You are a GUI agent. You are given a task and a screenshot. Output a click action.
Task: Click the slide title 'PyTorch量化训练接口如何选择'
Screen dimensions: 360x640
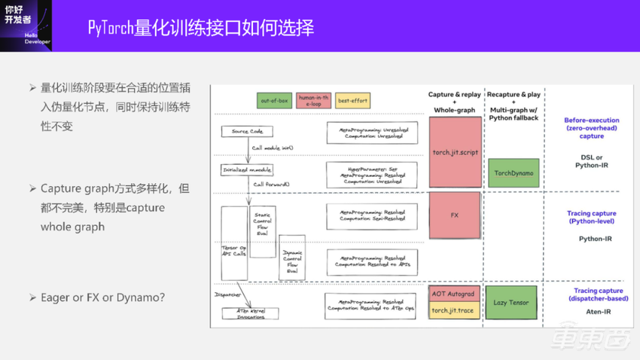(x=200, y=28)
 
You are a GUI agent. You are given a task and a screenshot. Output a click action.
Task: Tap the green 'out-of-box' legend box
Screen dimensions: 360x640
(x=275, y=101)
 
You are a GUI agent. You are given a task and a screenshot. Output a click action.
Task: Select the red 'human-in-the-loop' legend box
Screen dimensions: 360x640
(x=313, y=101)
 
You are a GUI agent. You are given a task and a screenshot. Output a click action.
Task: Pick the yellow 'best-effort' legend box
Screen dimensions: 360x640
(x=352, y=101)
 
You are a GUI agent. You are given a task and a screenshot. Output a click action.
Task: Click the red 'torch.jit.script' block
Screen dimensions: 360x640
(x=455, y=152)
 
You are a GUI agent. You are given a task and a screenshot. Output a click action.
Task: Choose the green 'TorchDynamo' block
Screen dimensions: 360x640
(x=514, y=173)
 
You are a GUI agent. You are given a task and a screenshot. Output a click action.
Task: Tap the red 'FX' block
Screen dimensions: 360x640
(x=455, y=215)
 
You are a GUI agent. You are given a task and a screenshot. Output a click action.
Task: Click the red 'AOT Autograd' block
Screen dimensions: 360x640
(x=455, y=294)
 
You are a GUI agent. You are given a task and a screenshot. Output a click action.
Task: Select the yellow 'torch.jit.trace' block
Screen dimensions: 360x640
(x=455, y=310)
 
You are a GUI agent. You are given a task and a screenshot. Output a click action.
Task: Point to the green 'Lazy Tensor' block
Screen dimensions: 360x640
(x=511, y=302)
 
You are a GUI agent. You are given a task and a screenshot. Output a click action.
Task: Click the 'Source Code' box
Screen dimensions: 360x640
(x=247, y=132)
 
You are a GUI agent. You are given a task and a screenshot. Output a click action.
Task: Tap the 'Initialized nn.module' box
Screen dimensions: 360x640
(x=247, y=170)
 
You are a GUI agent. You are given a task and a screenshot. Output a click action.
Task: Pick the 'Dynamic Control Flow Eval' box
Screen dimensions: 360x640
(x=292, y=258)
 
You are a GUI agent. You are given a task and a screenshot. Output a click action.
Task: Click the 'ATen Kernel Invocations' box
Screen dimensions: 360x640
(x=250, y=313)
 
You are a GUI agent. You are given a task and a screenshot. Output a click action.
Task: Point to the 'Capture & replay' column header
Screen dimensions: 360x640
(x=455, y=102)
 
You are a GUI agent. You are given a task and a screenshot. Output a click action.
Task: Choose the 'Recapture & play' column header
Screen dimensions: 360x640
(x=514, y=105)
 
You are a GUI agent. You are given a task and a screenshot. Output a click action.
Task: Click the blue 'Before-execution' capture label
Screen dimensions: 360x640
(x=592, y=128)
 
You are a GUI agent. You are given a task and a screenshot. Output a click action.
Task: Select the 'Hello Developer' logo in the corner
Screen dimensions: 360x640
(x=26, y=25)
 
